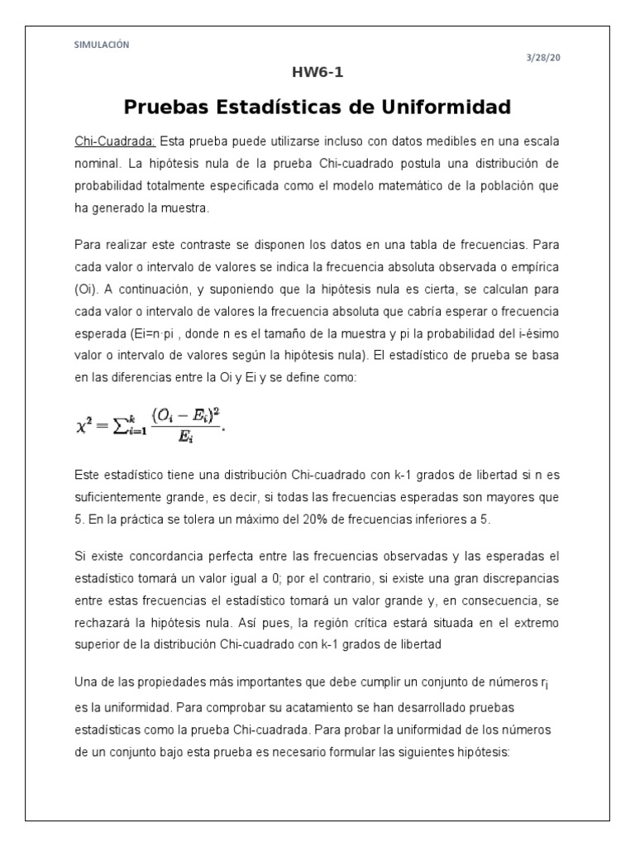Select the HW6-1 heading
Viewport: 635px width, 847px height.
[317, 72]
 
